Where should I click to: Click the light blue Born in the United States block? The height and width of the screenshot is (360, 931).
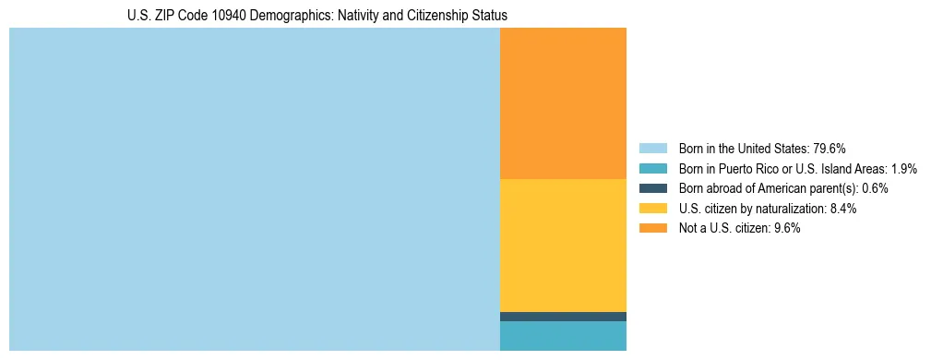pos(254,189)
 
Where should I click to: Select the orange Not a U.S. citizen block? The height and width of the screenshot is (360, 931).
pos(563,103)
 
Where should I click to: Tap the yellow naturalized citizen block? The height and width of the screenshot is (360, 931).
pos(563,245)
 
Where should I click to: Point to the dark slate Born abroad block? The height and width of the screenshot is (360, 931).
pos(563,317)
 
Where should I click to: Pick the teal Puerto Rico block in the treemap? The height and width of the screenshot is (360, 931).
pos(563,336)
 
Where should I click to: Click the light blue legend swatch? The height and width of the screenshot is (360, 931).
pos(652,148)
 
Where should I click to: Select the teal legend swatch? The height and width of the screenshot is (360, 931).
pos(652,168)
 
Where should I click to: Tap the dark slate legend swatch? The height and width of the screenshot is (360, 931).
pos(652,188)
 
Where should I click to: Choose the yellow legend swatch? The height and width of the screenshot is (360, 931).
pos(652,209)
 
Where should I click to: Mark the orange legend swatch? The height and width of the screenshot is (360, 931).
pos(652,229)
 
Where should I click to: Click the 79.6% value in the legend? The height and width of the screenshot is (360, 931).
pos(829,148)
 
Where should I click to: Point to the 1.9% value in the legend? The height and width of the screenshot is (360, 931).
pos(904,168)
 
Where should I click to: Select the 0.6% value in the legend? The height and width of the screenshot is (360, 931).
pos(875,188)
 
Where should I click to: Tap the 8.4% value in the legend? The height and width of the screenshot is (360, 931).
pos(843,209)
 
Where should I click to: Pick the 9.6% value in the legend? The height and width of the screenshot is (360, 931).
pos(787,229)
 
